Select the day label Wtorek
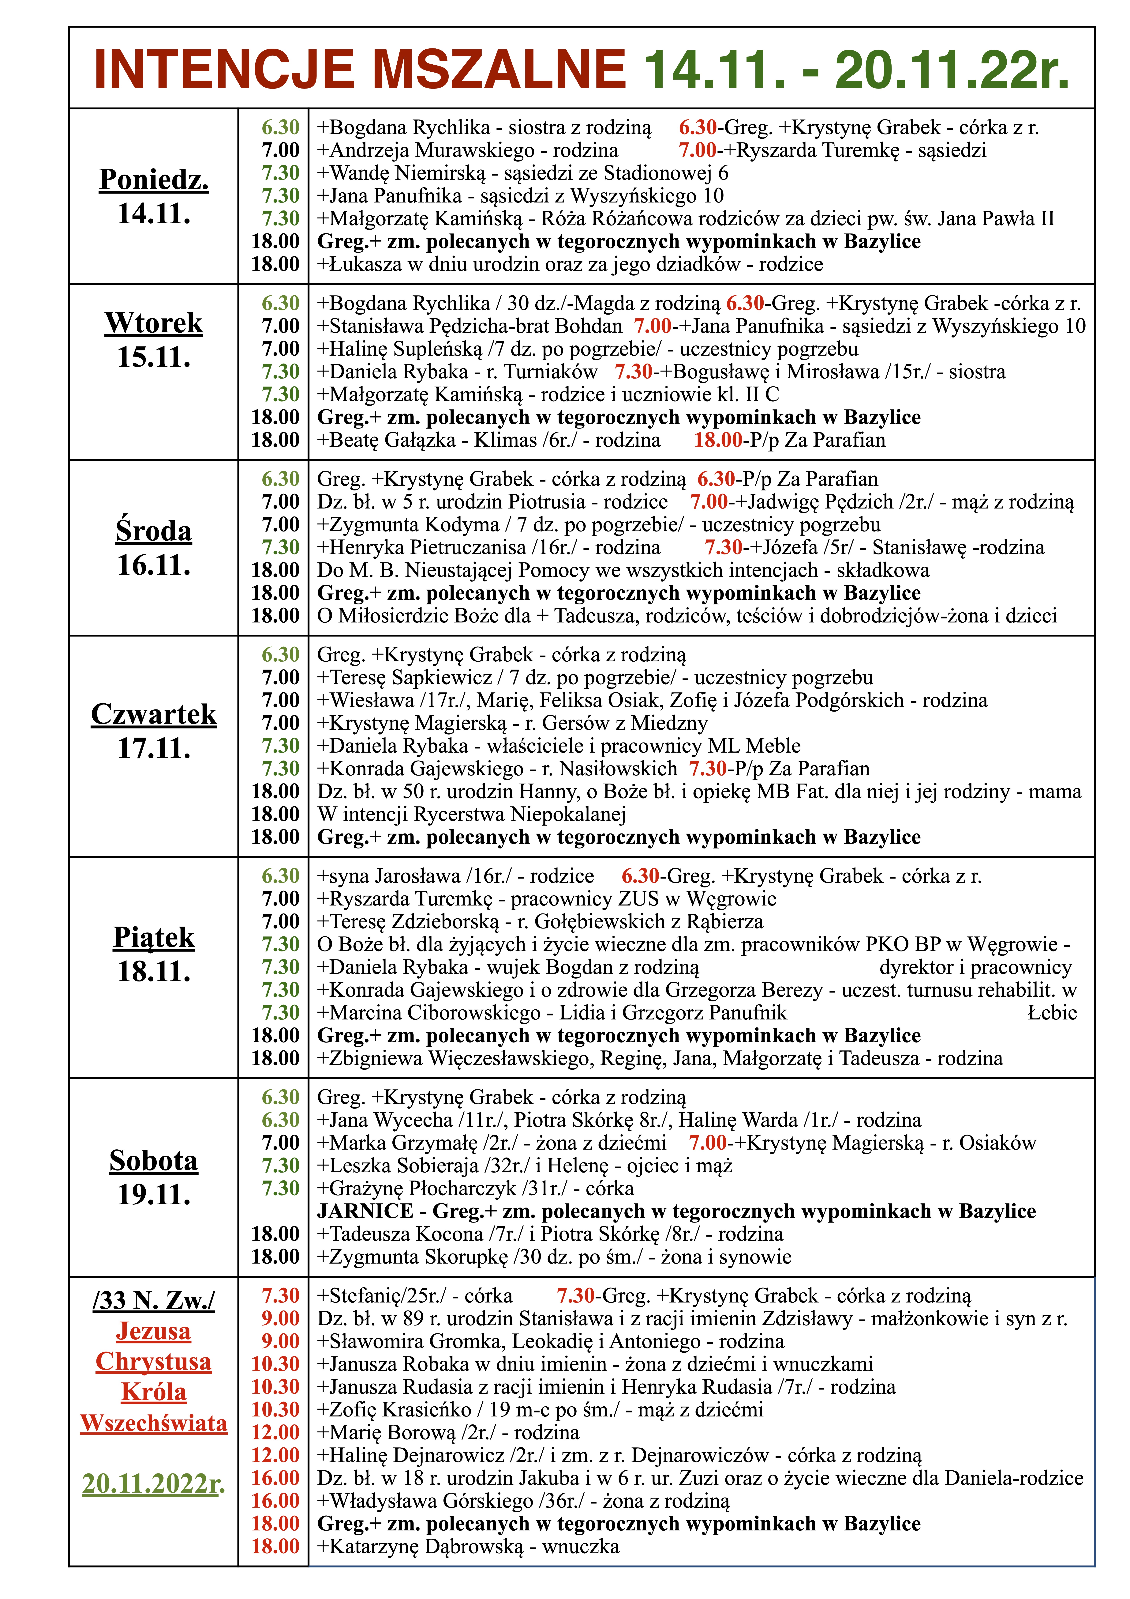pos(154,323)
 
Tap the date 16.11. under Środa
pos(154,565)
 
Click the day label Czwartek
pos(154,715)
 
